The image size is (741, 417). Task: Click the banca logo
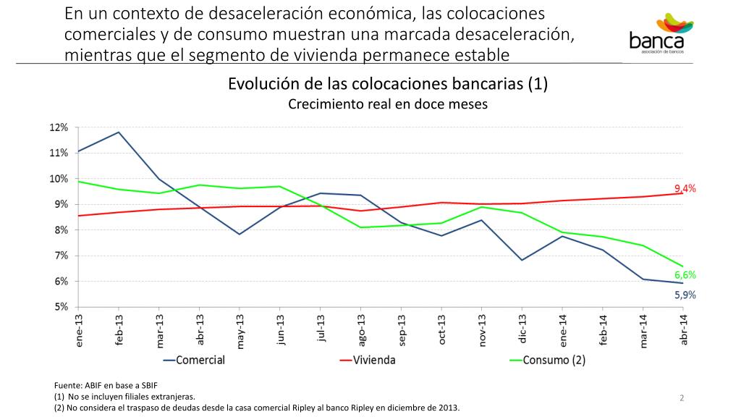(x=661, y=33)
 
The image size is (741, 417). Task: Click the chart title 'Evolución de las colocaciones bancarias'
(x=388, y=84)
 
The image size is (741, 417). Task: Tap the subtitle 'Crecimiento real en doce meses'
(x=388, y=104)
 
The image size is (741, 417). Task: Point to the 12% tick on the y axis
(x=59, y=127)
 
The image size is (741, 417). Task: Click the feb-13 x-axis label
(x=119, y=329)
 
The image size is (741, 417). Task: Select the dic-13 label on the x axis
(x=522, y=329)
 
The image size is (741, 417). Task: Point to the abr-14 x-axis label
(x=683, y=329)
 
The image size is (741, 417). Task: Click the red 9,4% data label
(x=685, y=188)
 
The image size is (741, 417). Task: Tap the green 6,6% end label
(x=685, y=275)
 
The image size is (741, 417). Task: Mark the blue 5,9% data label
(x=685, y=295)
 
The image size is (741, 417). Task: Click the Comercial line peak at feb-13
(x=119, y=132)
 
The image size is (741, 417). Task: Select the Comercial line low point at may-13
(x=240, y=234)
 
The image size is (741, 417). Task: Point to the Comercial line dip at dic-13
(x=522, y=260)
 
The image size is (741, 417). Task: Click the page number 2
(x=682, y=397)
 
